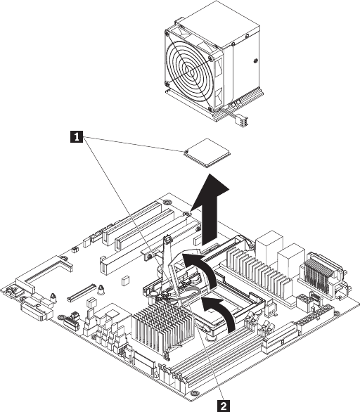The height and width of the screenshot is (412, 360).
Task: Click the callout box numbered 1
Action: click(77, 136)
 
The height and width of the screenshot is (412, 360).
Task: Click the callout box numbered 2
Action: click(224, 406)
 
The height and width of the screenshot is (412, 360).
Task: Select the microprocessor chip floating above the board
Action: click(207, 153)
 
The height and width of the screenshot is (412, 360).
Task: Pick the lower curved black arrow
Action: click(221, 313)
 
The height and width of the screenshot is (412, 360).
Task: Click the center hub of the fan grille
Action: click(189, 70)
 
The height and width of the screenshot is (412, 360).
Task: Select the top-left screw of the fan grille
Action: click(167, 33)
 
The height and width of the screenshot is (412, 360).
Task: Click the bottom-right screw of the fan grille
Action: click(210, 109)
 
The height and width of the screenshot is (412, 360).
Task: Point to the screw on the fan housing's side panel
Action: click(256, 61)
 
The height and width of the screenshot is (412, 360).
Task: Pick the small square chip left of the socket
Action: click(125, 281)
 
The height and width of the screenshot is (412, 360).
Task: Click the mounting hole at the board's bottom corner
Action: click(195, 393)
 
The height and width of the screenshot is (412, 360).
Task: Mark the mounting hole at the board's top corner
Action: click(166, 202)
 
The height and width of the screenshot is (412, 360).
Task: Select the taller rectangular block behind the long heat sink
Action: click(269, 245)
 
